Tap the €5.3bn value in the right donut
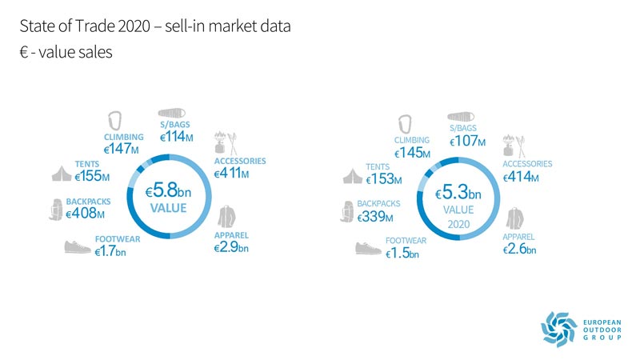click(458, 194)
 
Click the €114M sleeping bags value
click(177, 137)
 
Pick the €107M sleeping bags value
click(467, 141)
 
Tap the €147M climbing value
click(121, 149)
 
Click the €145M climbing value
click(412, 152)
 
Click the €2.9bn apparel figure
click(231, 248)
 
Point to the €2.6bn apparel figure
click(520, 250)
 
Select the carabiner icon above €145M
click(406, 125)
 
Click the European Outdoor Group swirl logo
click(557, 329)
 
